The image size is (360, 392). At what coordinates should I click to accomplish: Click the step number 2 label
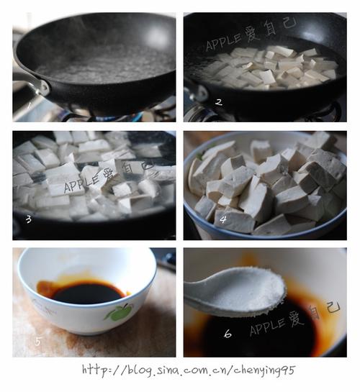219,102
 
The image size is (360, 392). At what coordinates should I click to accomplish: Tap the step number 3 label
29,219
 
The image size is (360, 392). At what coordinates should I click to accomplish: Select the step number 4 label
223,219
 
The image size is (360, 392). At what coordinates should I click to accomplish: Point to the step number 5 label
37,341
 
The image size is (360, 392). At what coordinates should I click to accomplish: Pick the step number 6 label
228,334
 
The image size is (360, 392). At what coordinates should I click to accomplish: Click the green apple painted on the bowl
119,312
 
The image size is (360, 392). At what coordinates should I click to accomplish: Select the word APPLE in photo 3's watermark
82,183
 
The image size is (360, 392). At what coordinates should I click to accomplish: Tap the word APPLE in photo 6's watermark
267,327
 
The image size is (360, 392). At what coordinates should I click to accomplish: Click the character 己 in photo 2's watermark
289,23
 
